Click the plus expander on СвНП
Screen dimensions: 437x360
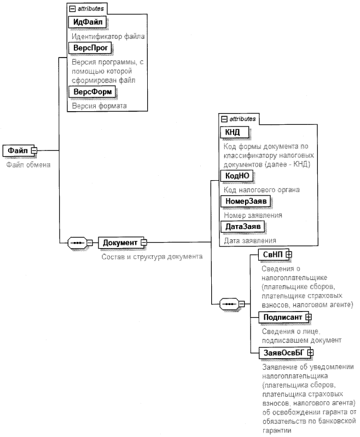(x=289, y=254)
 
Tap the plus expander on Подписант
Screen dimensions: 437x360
(x=309, y=317)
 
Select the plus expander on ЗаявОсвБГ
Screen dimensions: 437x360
(x=310, y=353)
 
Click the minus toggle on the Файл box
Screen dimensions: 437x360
(x=33, y=150)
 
